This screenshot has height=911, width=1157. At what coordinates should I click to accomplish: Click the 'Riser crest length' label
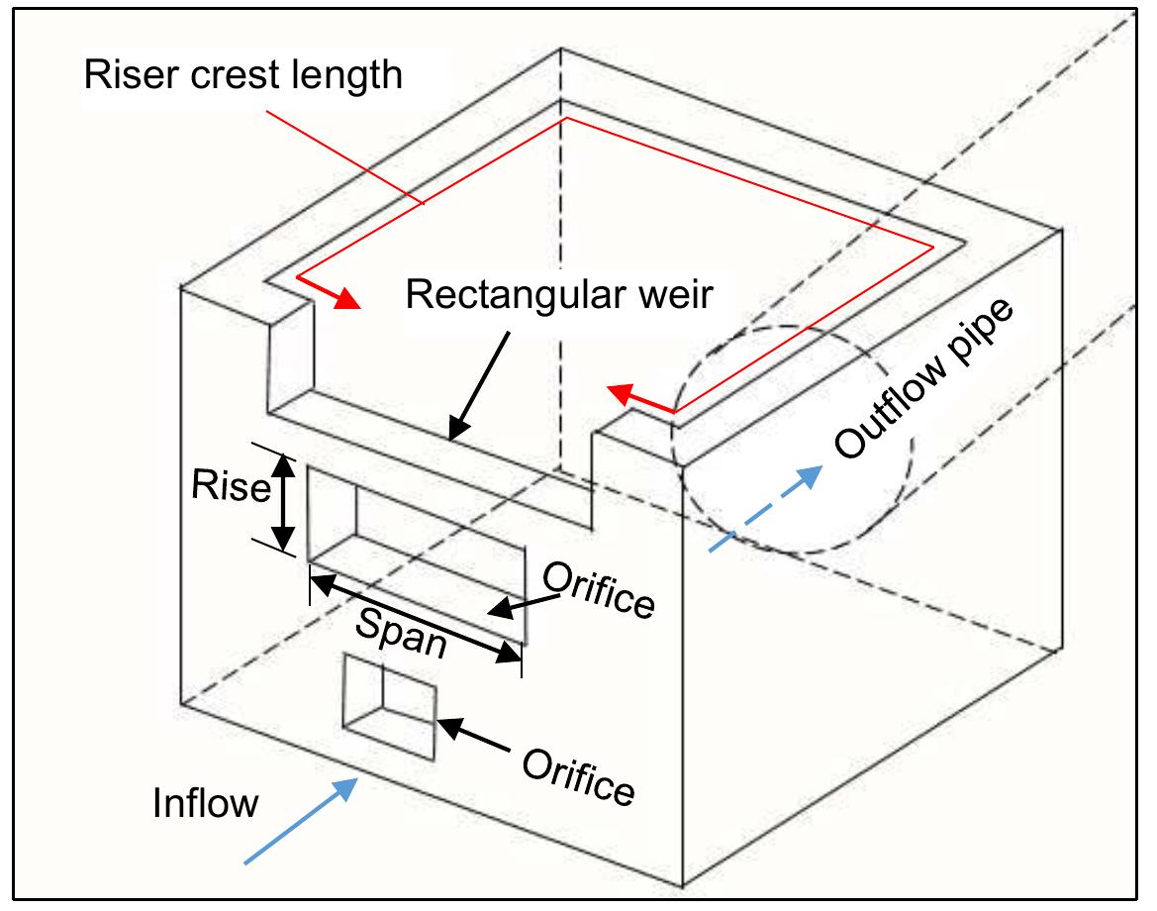point(242,74)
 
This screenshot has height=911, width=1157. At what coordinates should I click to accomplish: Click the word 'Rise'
point(231,487)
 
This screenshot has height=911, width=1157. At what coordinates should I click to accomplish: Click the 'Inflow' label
point(205,802)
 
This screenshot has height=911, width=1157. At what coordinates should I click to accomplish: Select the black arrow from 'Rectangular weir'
point(482,383)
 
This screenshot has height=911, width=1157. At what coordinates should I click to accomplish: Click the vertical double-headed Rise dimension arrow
point(284,502)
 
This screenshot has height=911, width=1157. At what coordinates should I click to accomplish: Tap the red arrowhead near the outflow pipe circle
point(619,394)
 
